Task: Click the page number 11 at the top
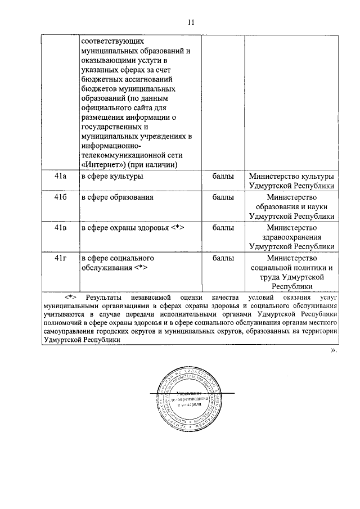(191, 22)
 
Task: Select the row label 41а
(61, 177)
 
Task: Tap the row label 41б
(61, 197)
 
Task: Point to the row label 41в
(61, 228)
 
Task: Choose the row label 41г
(61, 258)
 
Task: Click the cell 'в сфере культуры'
(112, 177)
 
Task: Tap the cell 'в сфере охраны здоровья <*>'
(133, 228)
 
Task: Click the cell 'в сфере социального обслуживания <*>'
(118, 263)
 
